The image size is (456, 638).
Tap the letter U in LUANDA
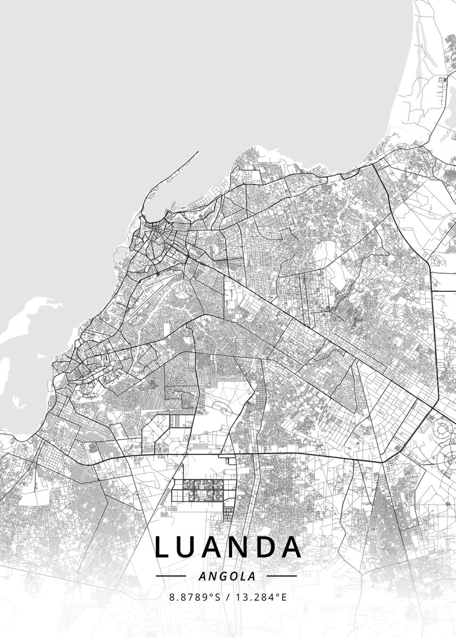coord(186,548)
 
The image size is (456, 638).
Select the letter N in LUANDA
coord(238,548)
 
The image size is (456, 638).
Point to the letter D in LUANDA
coord(265,548)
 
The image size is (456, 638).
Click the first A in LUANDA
coord(212,548)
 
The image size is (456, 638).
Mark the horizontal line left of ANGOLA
coord(171,576)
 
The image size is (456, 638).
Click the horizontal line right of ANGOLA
coord(281,576)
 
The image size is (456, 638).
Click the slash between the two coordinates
coord(228,597)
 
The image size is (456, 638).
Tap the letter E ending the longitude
coord(284,597)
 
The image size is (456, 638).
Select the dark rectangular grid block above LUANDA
coord(202,490)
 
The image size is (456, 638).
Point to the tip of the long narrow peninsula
coord(198,152)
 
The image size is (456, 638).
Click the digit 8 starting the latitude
coord(172,597)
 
